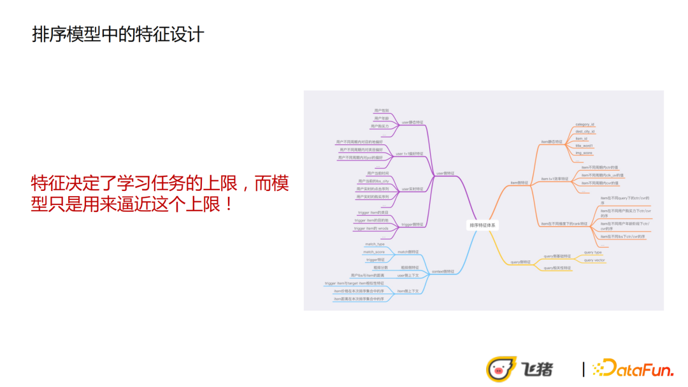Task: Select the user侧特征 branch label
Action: (x=445, y=173)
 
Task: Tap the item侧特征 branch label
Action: (x=519, y=182)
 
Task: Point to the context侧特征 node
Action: (x=443, y=271)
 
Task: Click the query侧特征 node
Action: (x=520, y=262)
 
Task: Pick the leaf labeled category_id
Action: (x=584, y=125)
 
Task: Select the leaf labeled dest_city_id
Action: (x=585, y=132)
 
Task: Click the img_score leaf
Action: (x=584, y=153)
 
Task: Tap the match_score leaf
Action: (x=374, y=252)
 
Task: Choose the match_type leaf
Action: (x=375, y=244)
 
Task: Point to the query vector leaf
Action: (x=594, y=260)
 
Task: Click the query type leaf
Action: (x=592, y=252)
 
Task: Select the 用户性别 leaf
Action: (x=381, y=111)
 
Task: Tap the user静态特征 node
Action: (x=412, y=122)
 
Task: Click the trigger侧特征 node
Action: (x=412, y=224)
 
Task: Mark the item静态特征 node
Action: (x=552, y=142)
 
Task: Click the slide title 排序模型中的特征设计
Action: (x=118, y=34)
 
